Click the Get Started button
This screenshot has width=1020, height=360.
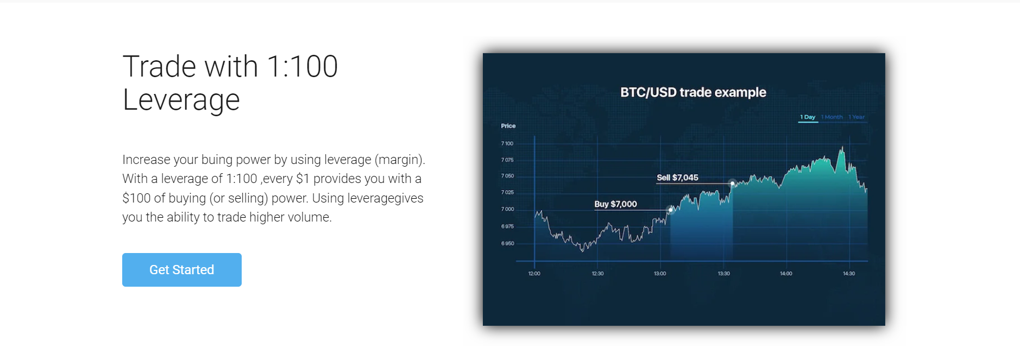(x=182, y=270)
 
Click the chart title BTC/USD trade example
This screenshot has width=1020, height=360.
(x=693, y=92)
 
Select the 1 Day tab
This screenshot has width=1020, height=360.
(x=808, y=117)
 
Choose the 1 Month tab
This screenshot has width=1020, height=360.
(x=832, y=117)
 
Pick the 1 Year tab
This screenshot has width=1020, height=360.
(x=857, y=117)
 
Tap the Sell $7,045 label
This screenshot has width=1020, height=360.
(x=677, y=178)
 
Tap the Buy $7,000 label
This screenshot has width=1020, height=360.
(x=615, y=204)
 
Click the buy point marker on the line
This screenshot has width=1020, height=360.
(x=671, y=210)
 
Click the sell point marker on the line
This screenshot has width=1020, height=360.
(x=733, y=184)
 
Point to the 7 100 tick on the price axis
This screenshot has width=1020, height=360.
(x=507, y=143)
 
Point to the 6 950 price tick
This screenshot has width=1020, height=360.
(x=507, y=243)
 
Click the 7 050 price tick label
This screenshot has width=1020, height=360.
(x=507, y=176)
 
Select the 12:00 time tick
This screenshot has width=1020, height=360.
(x=534, y=274)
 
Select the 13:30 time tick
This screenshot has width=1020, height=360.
(x=724, y=274)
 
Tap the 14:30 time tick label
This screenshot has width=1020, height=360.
(x=849, y=274)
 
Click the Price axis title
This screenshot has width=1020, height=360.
(x=508, y=126)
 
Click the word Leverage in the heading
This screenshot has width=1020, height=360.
(x=181, y=100)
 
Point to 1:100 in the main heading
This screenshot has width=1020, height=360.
(x=303, y=66)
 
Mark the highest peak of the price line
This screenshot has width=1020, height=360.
(x=842, y=147)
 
